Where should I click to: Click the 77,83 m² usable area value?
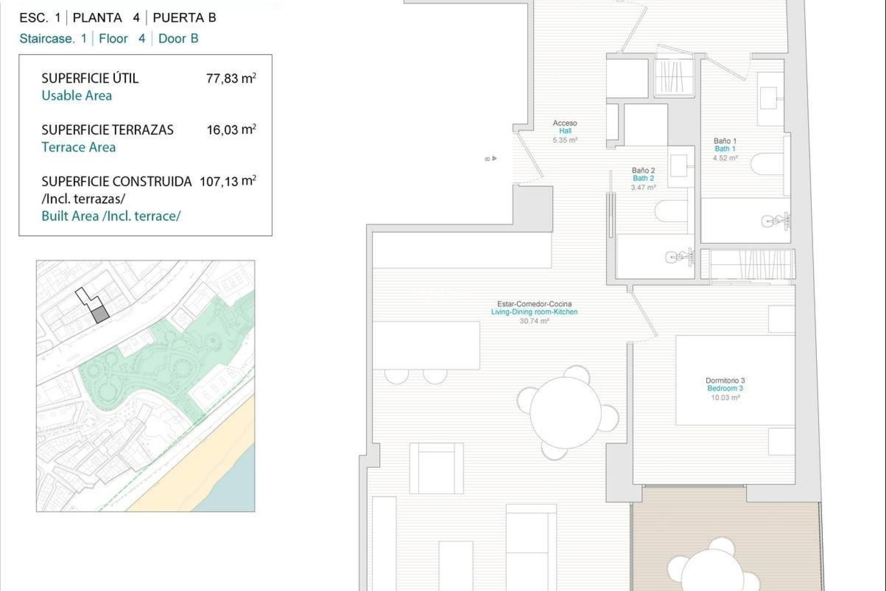point(231,78)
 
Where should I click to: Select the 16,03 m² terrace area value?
point(231,130)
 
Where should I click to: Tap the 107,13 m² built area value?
point(227,181)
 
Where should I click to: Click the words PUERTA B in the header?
point(184,18)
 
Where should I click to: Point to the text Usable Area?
point(77,96)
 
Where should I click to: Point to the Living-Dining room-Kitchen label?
point(534,312)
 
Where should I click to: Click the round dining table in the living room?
point(566,412)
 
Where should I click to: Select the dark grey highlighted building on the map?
point(100,315)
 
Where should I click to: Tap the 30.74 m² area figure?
point(534,321)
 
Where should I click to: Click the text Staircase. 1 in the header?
point(53,39)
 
